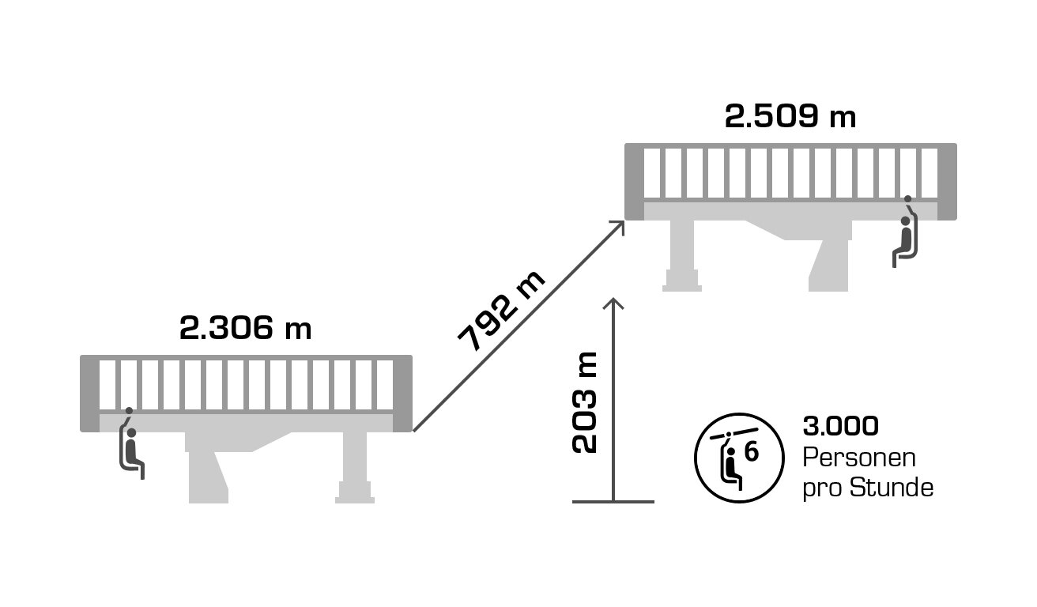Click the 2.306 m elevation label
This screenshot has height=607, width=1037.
(245, 328)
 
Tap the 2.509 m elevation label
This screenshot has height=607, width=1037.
(790, 116)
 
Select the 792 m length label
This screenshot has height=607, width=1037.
(501, 311)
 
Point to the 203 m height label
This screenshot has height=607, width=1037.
(584, 402)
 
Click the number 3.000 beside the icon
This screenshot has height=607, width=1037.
(840, 426)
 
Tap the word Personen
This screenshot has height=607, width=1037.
(859, 458)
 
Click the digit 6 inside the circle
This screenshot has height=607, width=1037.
(752, 452)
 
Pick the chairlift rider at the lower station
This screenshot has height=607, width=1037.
(132, 443)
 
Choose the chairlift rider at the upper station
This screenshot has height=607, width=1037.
(905, 232)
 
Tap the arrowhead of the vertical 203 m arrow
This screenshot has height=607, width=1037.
(613, 303)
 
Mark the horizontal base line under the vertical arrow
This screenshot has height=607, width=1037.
(613, 501)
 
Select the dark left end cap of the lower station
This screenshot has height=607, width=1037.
(90, 394)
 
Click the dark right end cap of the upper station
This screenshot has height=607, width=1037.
(947, 182)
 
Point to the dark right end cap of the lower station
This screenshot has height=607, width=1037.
(403, 394)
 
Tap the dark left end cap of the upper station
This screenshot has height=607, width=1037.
(634, 182)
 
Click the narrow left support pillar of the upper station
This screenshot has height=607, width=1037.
(682, 255)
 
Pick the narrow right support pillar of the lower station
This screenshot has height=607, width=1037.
(355, 468)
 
